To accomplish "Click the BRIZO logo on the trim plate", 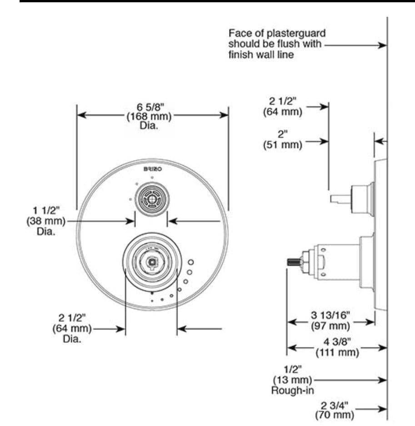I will tap(152, 168).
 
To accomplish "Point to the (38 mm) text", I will tap(46, 222).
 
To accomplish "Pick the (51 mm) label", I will tap(282, 145).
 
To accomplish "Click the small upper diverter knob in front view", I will tap(151, 198).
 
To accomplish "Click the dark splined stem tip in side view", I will tap(294, 262).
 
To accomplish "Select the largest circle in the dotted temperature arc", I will tap(191, 263).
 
